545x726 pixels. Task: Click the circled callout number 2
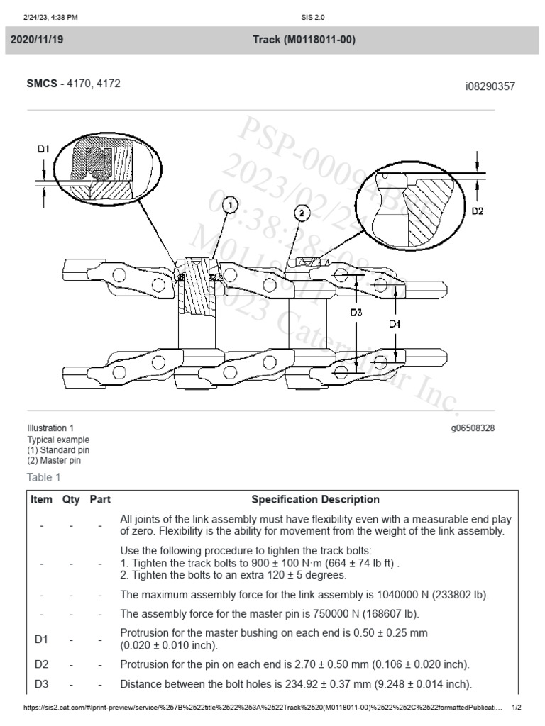(x=301, y=212)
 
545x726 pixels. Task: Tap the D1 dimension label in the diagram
(x=43, y=150)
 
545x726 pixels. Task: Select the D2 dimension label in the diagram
(x=478, y=211)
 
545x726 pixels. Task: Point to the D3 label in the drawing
(x=356, y=312)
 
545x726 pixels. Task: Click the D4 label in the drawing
(x=395, y=323)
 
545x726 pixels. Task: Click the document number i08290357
(x=490, y=86)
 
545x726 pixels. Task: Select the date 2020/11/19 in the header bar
(x=37, y=40)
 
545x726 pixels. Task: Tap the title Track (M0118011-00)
(x=304, y=40)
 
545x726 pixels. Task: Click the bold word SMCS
(x=42, y=84)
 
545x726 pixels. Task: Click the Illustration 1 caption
(x=50, y=428)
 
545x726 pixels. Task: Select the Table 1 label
(x=44, y=477)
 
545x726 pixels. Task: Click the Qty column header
(x=71, y=499)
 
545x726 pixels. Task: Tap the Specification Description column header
(x=316, y=499)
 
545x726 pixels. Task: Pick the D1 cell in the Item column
(x=41, y=639)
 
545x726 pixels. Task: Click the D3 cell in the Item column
(x=41, y=684)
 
